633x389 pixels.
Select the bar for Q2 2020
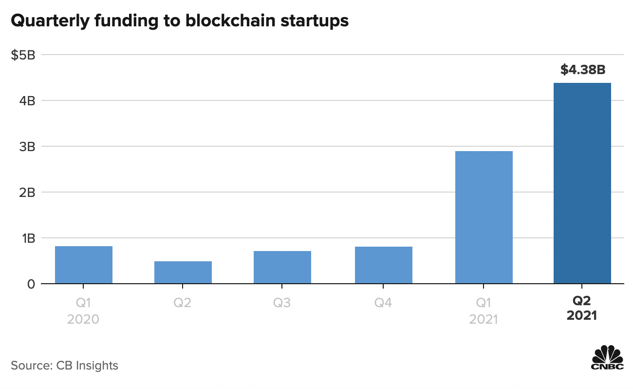click(183, 272)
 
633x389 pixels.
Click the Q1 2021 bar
click(484, 217)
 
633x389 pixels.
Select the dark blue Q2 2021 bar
click(582, 183)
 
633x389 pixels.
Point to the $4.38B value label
click(582, 70)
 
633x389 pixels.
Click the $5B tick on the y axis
click(23, 55)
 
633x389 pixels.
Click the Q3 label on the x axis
click(282, 303)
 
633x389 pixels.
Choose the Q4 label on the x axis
click(384, 303)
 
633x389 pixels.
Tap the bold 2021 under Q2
click(582, 316)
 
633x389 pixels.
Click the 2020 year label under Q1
click(84, 319)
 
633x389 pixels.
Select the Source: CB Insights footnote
click(64, 365)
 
